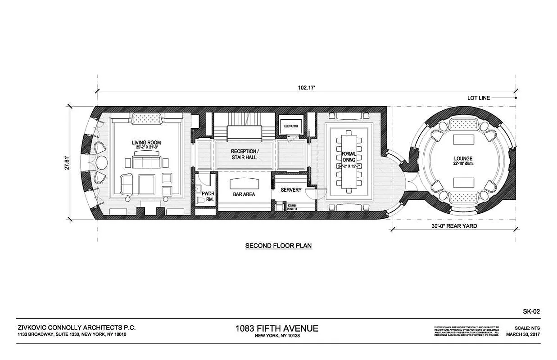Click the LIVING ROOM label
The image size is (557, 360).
pos(146,143)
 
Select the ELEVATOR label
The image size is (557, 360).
pos(290,126)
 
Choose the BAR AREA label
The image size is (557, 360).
pos(244,194)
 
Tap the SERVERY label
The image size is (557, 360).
pos(291,190)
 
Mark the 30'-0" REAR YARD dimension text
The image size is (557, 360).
pos(453,226)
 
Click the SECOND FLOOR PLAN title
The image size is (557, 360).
pos(278,246)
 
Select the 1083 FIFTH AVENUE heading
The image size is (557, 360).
pos(276,328)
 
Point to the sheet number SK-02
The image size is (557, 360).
pos(532,311)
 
